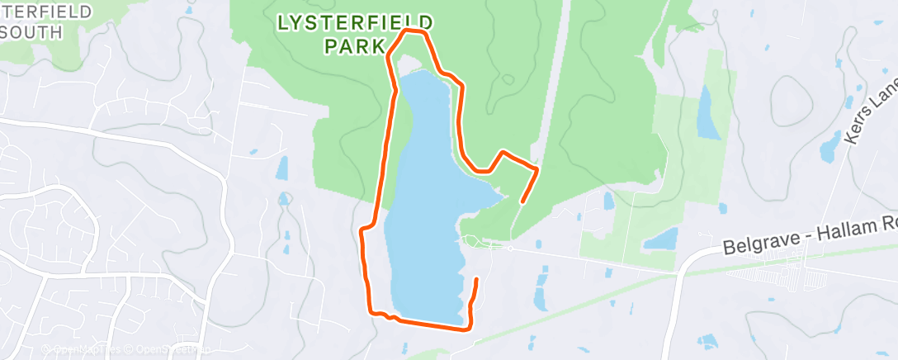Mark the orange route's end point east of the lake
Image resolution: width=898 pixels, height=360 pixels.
[522, 201]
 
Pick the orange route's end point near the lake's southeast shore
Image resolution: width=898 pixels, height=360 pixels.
[476, 281]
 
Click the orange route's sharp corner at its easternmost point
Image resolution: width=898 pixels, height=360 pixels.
[537, 169]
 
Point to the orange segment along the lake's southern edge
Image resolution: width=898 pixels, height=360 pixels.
[429, 323]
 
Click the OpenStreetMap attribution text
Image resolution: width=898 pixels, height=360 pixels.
[165, 349]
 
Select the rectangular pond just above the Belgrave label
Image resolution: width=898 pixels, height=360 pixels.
[660, 239]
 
